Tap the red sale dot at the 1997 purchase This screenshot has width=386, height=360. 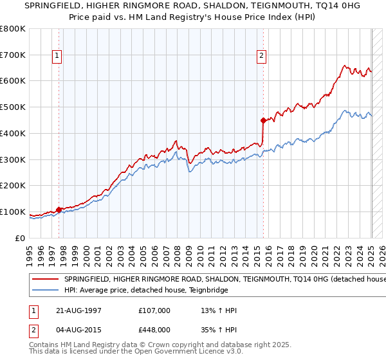[59, 210]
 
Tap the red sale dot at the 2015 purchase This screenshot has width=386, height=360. [263, 120]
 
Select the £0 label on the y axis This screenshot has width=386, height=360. [20, 238]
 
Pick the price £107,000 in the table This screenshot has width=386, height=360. [154, 310]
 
